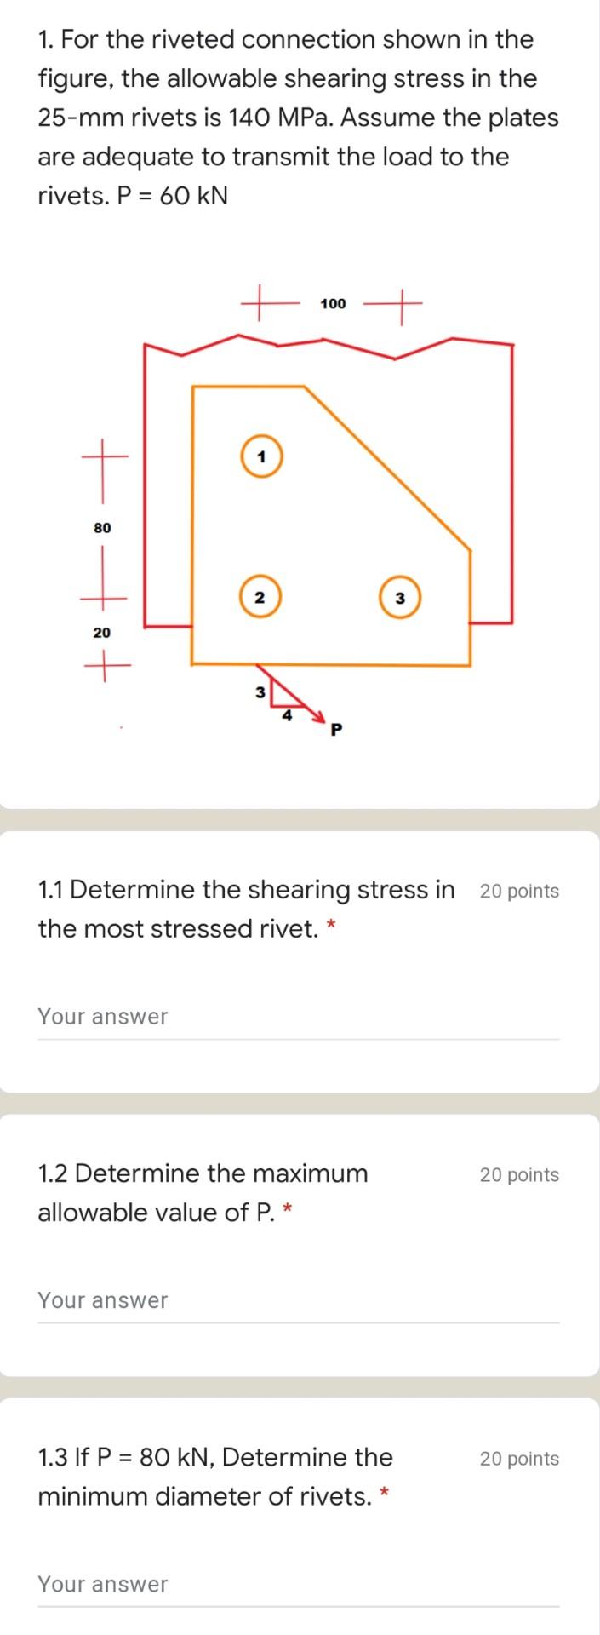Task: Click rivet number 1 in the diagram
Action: pyautogui.click(x=261, y=456)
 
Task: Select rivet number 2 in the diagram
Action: pyautogui.click(x=260, y=597)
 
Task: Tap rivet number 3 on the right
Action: pyautogui.click(x=400, y=598)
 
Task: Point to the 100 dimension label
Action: pyautogui.click(x=333, y=303)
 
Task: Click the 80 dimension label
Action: pyautogui.click(x=102, y=528)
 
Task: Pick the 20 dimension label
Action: pyautogui.click(x=102, y=633)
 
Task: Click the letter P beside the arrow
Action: pyautogui.click(x=336, y=729)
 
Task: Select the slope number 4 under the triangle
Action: pyautogui.click(x=288, y=716)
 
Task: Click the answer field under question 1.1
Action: pyautogui.click(x=298, y=1018)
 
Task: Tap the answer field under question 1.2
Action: pyautogui.click(x=298, y=1301)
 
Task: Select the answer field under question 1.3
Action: pyautogui.click(x=298, y=1585)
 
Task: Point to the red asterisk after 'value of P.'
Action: pyautogui.click(x=289, y=1208)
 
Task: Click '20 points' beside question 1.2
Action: pyautogui.click(x=519, y=1175)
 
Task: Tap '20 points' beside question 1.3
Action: pyautogui.click(x=519, y=1459)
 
